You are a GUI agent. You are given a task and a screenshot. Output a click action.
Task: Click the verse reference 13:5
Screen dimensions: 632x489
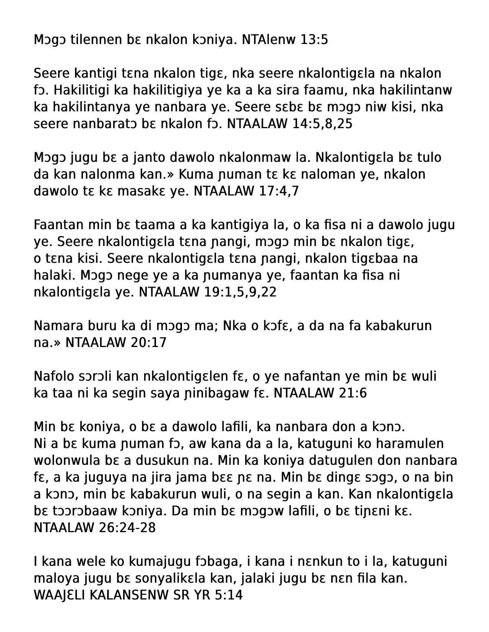pos(314,39)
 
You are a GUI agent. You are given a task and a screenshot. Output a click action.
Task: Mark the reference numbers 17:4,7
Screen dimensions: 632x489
pos(278,191)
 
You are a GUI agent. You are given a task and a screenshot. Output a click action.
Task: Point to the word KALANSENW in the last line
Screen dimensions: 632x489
pos(143,595)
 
